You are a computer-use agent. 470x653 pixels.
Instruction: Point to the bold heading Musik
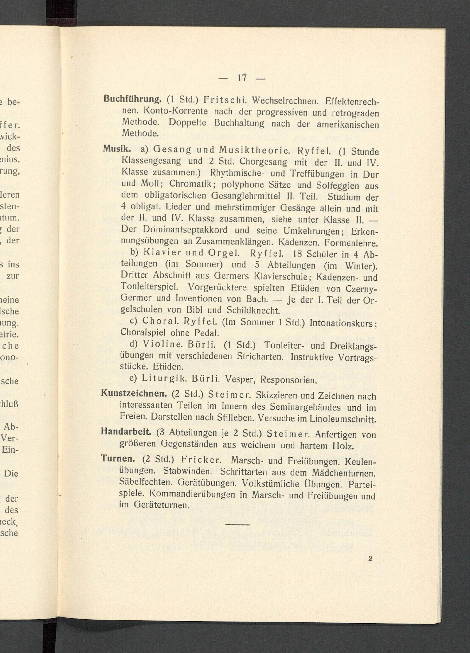point(117,149)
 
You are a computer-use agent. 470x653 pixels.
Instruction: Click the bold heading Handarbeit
point(126,432)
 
